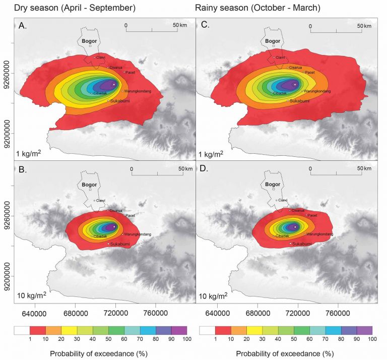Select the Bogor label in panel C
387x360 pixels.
(273, 41)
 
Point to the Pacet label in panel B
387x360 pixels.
(130, 216)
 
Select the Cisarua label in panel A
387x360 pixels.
(116, 67)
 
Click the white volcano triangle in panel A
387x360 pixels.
(114, 84)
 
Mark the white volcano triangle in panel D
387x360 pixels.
(295, 227)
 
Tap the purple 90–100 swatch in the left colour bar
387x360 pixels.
(179, 330)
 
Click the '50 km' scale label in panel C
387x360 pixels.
(364, 26)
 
